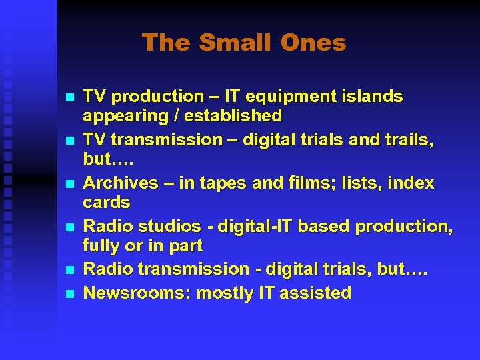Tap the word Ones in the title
pyautogui.click(x=313, y=43)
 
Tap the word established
pyautogui.click(x=234, y=116)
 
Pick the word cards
pyautogui.click(x=106, y=202)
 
